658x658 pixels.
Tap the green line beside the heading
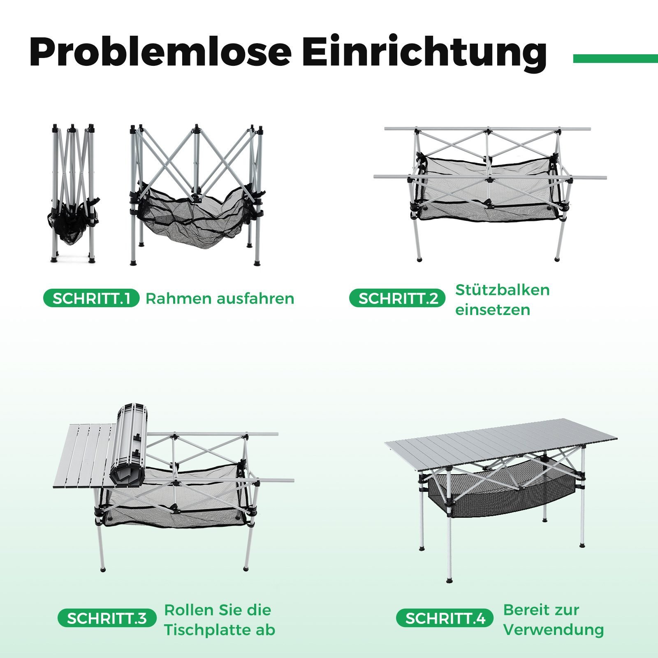pos(616,59)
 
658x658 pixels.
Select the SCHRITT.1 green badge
pos(91,299)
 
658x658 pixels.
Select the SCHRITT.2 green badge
pos(397,299)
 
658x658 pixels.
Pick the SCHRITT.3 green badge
pos(107,618)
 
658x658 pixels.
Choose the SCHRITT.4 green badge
pos(445,618)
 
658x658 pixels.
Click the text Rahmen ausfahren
pos(220,299)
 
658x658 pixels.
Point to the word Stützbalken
pos(502,290)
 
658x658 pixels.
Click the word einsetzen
pos(492,310)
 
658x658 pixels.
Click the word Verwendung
pos(554,630)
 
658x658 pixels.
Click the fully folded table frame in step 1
pos(72,193)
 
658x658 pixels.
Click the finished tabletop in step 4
pos(501,445)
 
